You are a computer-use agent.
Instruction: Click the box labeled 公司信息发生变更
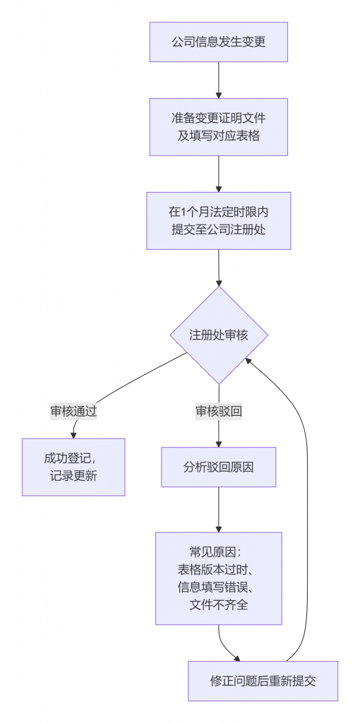pyautogui.click(x=218, y=42)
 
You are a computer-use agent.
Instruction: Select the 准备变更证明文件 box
pyautogui.click(x=218, y=126)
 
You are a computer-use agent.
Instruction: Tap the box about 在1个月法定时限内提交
pyautogui.click(x=218, y=220)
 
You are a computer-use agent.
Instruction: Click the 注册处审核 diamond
pyautogui.click(x=219, y=335)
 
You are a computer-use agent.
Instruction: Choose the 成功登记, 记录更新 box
pyautogui.click(x=73, y=467)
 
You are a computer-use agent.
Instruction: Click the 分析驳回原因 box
pyautogui.click(x=218, y=467)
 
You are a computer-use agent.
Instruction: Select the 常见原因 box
pyautogui.click(x=218, y=578)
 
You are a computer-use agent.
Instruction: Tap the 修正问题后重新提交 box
pyautogui.click(x=263, y=681)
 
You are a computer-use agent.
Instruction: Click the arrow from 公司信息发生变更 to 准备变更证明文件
pyautogui.click(x=219, y=80)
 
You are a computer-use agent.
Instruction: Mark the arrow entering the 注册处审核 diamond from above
pyautogui.click(x=219, y=268)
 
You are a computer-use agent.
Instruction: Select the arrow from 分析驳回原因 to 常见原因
pyautogui.click(x=219, y=510)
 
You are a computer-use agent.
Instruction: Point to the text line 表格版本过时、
pyautogui.click(x=218, y=570)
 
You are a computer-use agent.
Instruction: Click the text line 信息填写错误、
pyautogui.click(x=218, y=587)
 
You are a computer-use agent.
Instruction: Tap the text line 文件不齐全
pyautogui.click(x=218, y=604)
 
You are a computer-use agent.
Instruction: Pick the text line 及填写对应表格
pyautogui.click(x=218, y=136)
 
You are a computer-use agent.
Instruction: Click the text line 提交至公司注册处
pyautogui.click(x=218, y=229)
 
